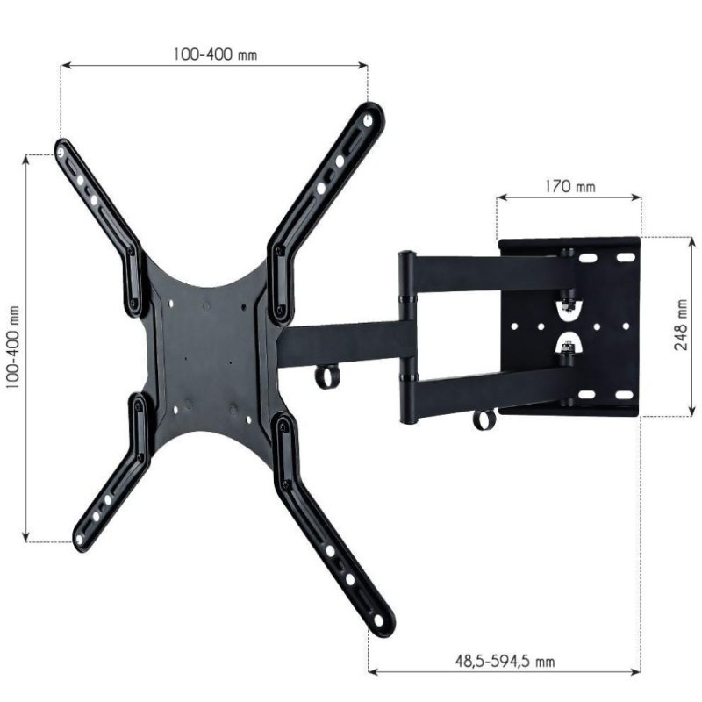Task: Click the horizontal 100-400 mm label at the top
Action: coord(215,54)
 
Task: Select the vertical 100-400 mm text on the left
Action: coord(12,348)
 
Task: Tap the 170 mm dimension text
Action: coord(569,186)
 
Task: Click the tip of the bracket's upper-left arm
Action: coord(61,149)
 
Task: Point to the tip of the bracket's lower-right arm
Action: coord(381,620)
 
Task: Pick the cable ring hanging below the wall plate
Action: coord(484,419)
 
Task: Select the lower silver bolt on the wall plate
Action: coord(569,349)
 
